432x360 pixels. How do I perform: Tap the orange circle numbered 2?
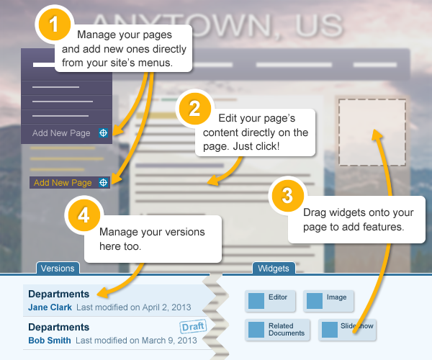point(194,108)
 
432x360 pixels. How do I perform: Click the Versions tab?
point(58,269)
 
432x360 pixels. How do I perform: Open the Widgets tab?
point(274,269)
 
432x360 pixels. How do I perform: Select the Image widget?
point(329,300)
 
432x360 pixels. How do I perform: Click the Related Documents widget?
point(279,329)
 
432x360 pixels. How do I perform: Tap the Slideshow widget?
point(348,329)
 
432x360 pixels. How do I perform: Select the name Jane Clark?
point(50,307)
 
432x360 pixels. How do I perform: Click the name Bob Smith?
point(50,340)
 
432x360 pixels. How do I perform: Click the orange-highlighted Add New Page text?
point(63,183)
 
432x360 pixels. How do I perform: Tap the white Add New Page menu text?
point(61,133)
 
